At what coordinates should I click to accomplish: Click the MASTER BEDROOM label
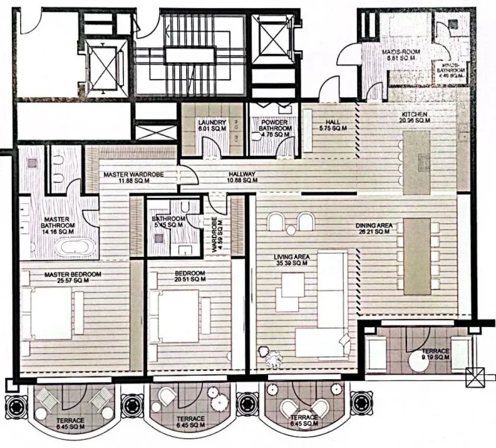point(72,274)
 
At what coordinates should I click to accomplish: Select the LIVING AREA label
point(291,257)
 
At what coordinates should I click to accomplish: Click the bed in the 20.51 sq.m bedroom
point(177,311)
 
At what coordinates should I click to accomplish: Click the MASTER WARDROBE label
point(134,174)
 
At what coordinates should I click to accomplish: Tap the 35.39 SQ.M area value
point(291,263)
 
